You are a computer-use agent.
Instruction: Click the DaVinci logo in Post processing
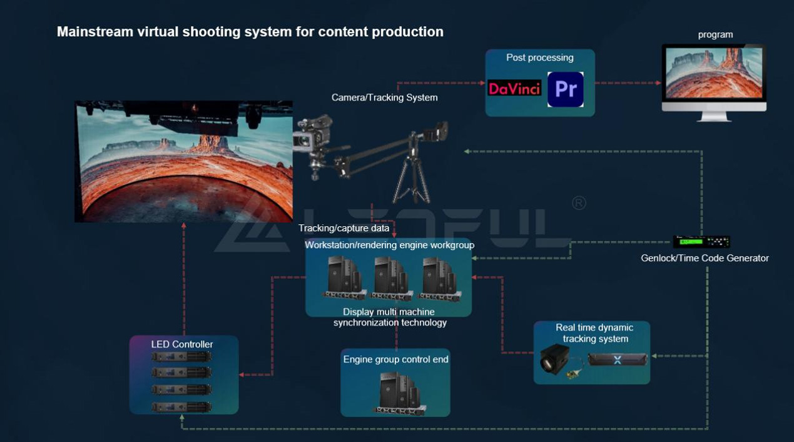click(x=514, y=89)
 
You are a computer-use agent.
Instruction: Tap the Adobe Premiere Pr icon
click(x=565, y=89)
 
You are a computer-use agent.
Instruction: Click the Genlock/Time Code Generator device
click(x=701, y=242)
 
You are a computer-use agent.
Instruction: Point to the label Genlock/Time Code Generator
click(x=705, y=258)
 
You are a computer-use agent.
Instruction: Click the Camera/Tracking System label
click(x=384, y=98)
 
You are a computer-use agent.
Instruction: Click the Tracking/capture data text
click(x=344, y=228)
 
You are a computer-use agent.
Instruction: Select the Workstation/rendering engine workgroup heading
click(x=389, y=245)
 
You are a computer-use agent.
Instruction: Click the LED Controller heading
click(x=182, y=344)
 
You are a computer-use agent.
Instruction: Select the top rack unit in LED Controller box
click(x=181, y=356)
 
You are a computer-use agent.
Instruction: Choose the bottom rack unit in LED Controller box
click(x=181, y=407)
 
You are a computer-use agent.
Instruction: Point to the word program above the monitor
click(x=715, y=35)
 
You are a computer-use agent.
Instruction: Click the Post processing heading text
click(x=539, y=58)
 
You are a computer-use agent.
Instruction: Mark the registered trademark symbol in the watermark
click(x=579, y=203)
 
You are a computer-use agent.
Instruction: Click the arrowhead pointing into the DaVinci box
click(x=482, y=83)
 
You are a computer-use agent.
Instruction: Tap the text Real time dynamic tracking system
click(x=594, y=333)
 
